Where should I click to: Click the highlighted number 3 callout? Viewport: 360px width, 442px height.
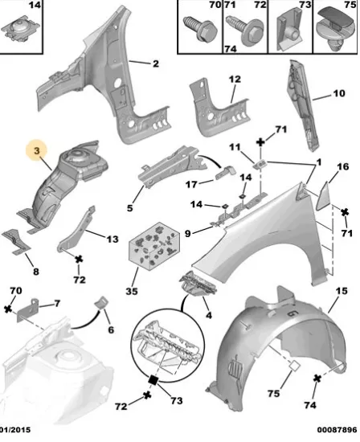37,150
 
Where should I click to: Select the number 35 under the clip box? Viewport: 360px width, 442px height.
132,291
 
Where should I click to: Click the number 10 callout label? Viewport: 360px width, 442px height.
339,93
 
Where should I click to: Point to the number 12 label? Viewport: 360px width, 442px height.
235,80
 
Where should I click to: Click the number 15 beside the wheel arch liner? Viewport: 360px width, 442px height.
342,291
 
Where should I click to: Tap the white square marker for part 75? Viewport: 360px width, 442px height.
295,366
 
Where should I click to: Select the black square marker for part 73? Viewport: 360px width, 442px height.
153,380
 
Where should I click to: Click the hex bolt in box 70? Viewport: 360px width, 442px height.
200,28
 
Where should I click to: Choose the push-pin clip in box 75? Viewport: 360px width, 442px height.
334,28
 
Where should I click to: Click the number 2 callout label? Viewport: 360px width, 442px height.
156,63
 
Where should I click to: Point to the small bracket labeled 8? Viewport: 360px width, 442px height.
16,241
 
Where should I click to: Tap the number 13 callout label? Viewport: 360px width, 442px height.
112,239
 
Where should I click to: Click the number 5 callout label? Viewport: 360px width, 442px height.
129,208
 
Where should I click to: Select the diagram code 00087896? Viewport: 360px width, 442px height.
337,430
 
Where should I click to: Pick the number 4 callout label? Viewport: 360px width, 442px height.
209,315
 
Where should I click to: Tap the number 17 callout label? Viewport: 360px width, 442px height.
191,185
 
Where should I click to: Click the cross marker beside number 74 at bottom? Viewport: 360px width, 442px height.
317,379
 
